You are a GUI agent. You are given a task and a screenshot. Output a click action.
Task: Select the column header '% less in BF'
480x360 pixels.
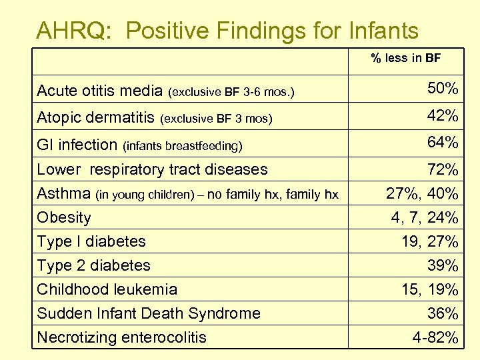(x=405, y=59)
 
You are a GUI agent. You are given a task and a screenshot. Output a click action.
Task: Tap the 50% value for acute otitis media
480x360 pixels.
(x=442, y=89)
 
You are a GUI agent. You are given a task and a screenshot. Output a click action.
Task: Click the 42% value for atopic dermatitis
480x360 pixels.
(x=442, y=116)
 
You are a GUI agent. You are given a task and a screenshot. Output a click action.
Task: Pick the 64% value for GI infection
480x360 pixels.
(x=442, y=143)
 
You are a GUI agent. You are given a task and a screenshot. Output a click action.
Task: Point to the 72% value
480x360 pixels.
(x=442, y=169)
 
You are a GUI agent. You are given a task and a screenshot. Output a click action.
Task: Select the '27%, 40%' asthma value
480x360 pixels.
(x=422, y=194)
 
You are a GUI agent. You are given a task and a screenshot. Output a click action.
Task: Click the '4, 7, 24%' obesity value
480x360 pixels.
(x=425, y=218)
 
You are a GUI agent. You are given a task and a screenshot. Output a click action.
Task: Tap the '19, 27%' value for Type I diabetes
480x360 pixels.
(x=429, y=241)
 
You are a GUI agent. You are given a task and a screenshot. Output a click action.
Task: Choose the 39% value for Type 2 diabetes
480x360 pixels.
(x=442, y=265)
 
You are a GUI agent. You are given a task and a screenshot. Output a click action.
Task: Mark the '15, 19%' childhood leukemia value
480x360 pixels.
(x=429, y=289)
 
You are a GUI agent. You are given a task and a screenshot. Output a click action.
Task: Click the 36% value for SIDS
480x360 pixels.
(x=442, y=313)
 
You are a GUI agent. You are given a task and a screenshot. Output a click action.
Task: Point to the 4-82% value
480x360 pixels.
(x=435, y=337)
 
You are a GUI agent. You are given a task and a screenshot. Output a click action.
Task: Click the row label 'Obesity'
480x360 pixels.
(x=64, y=217)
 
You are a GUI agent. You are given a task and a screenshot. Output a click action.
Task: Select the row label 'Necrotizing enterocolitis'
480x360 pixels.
(x=121, y=337)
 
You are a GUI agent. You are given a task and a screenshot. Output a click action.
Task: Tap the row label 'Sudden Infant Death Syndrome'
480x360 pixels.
(x=149, y=313)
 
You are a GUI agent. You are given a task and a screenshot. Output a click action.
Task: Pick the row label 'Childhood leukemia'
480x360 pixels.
(x=107, y=289)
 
